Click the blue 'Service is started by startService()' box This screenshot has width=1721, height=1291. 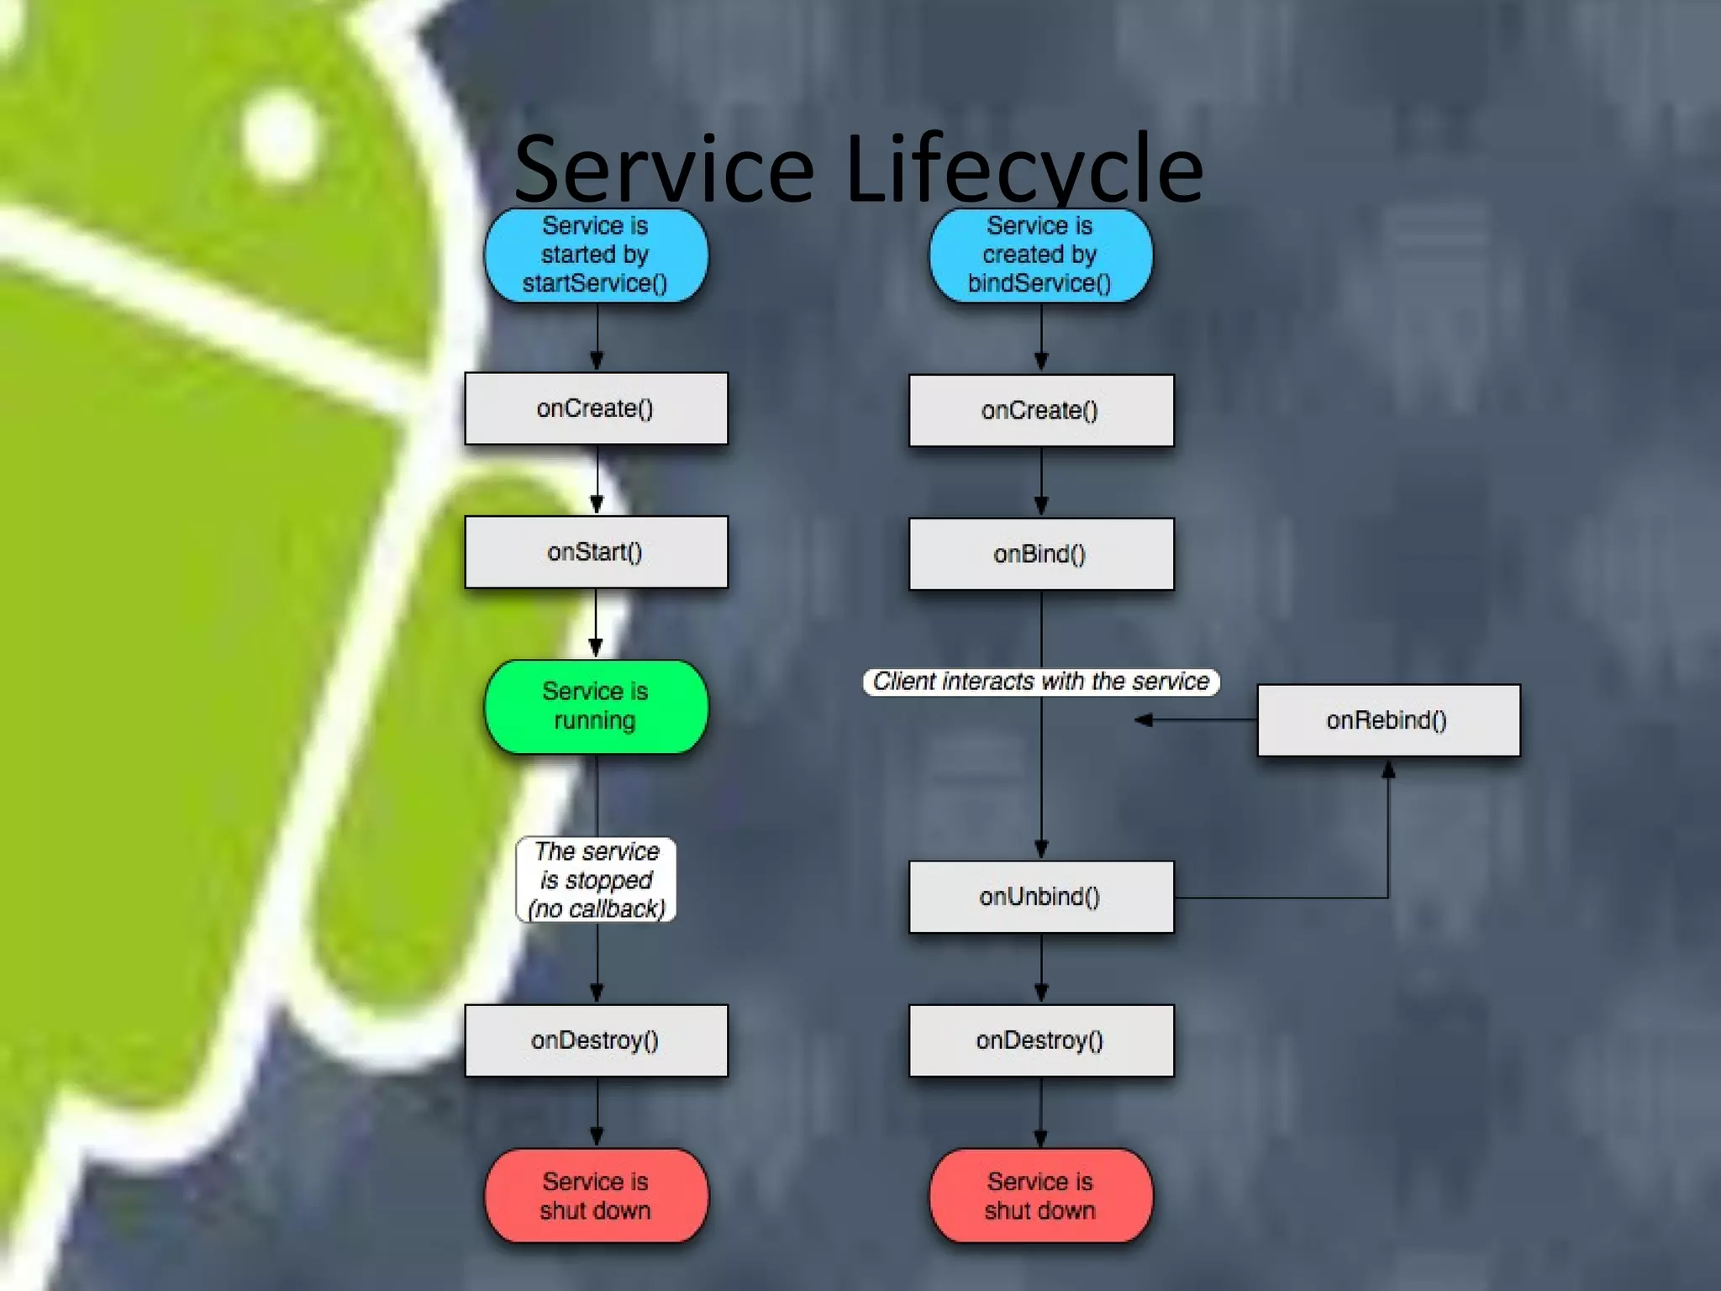click(x=595, y=255)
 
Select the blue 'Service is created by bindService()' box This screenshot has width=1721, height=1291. click(x=1040, y=255)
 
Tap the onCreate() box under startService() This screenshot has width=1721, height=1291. click(x=596, y=408)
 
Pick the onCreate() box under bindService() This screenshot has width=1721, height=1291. click(x=1040, y=410)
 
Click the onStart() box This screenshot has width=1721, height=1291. click(x=596, y=552)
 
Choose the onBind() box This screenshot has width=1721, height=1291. click(x=1040, y=554)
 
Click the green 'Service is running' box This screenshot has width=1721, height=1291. click(x=596, y=706)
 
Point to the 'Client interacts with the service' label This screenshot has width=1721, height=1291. click(x=1040, y=681)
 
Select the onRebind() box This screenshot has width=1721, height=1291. click(x=1387, y=720)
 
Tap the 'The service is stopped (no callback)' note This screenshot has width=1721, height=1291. click(x=596, y=880)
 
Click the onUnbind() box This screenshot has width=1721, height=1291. click(x=1040, y=897)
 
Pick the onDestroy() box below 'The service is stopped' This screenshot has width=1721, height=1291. click(x=596, y=1041)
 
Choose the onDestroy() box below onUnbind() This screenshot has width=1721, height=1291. click(x=1040, y=1041)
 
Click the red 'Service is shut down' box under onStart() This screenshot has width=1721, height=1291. click(x=596, y=1195)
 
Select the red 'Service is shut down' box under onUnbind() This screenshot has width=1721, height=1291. click(x=1040, y=1195)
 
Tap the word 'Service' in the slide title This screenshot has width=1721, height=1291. click(x=664, y=171)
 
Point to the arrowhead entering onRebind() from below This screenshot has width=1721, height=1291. click(x=1388, y=769)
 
